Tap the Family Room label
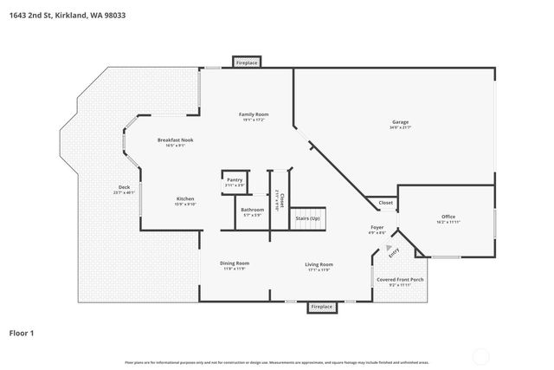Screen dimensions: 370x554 pos(254,114)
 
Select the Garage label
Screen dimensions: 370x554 pos(400,123)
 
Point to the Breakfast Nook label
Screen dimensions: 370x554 pos(175,140)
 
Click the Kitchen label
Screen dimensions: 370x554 pos(185,198)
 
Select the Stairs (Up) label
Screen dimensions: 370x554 pos(308,218)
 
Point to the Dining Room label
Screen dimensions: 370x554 pos(235,263)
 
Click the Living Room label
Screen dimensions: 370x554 pos(319,264)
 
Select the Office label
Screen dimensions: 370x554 pos(448,217)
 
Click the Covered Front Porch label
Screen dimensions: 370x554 pos(400,280)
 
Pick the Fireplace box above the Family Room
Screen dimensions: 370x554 pos(248,62)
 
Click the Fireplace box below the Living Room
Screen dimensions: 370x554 pos(322,307)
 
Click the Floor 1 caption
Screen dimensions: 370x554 pos(22,332)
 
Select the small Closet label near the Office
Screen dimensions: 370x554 pos(385,203)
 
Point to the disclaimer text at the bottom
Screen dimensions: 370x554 pos(276,362)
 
